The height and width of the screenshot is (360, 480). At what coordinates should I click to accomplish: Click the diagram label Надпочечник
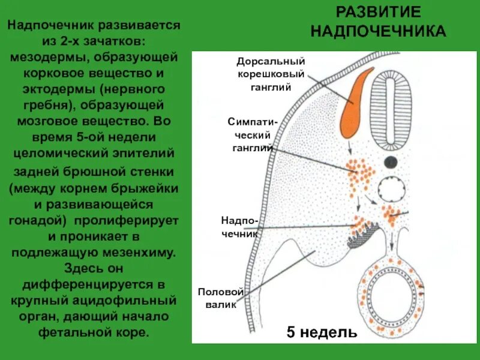coord(239,227)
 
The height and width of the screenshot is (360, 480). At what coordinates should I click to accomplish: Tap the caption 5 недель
coord(322,332)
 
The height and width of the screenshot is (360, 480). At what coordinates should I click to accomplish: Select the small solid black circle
coord(391,161)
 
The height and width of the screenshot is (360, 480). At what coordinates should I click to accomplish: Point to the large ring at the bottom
coord(390,290)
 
